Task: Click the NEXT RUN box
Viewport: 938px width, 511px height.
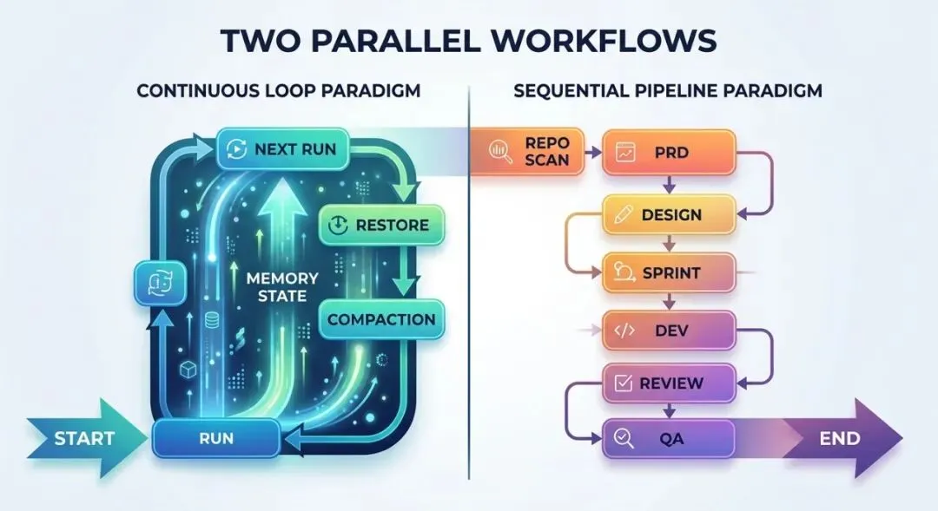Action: tap(282, 149)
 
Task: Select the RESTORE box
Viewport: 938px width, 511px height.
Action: tap(380, 226)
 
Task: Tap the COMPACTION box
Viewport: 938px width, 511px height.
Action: tap(381, 319)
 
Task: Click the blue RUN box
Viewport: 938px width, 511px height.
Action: tap(215, 438)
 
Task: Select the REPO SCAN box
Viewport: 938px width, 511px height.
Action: tap(527, 151)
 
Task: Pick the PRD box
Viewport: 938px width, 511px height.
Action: tap(669, 151)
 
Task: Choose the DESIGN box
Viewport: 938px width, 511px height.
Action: tap(669, 215)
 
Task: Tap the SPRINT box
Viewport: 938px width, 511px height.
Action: tap(669, 273)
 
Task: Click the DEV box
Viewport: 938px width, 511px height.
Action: tap(669, 330)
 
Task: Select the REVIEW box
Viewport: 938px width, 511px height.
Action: tap(669, 383)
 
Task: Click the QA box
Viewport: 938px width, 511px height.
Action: tap(669, 439)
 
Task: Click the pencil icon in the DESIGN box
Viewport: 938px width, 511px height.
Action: tap(623, 215)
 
